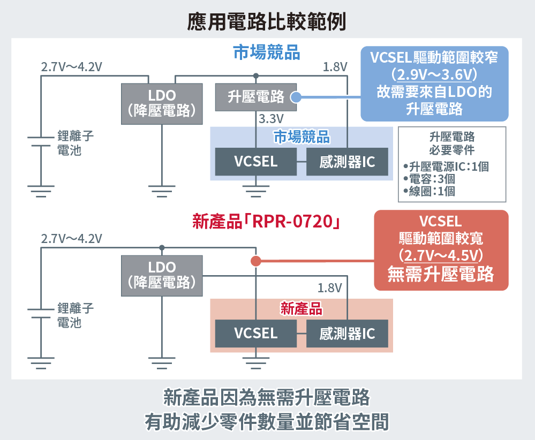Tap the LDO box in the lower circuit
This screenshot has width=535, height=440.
162,275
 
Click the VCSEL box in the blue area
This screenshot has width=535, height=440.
255,162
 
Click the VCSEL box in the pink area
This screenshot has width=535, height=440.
255,333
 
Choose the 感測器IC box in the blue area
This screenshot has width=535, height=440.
347,162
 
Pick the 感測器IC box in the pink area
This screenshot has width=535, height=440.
347,333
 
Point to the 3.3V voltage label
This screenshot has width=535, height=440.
271,118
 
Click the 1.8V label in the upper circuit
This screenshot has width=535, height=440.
335,67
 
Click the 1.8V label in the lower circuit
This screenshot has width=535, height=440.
329,288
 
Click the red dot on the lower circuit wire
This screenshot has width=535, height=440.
256,261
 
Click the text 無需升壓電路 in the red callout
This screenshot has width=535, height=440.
440,274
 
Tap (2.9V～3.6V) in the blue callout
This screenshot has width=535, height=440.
434,72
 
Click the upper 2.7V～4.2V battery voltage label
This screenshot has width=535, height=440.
71,67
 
